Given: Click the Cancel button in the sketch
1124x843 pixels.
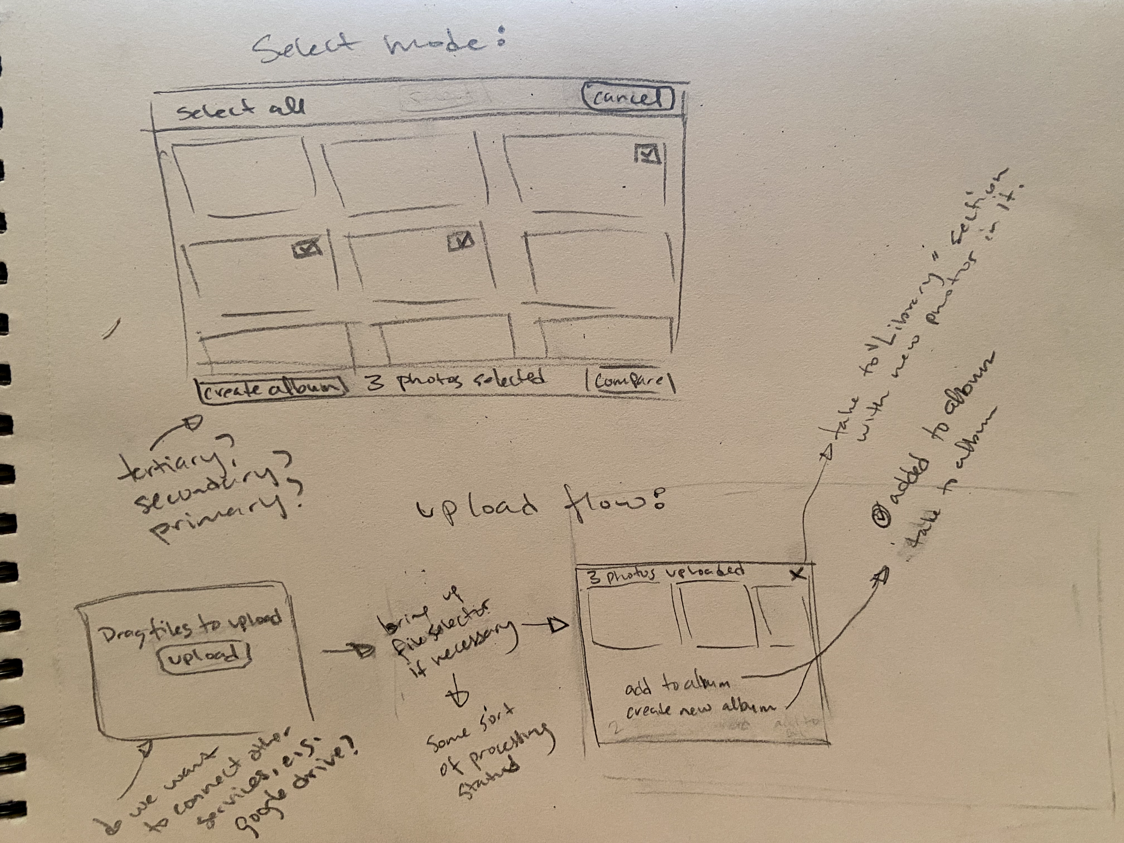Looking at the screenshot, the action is (x=628, y=98).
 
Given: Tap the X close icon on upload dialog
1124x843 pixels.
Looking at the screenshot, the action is (x=798, y=574).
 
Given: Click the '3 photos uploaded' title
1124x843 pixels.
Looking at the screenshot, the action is (x=666, y=574).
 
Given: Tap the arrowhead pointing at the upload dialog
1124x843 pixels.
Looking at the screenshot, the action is (x=559, y=626).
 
